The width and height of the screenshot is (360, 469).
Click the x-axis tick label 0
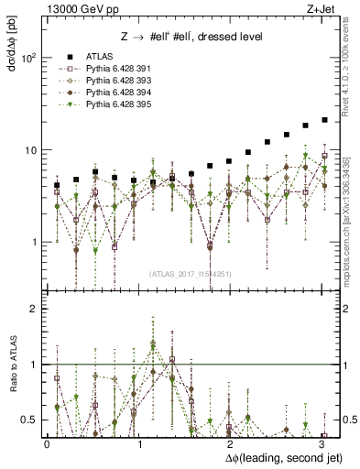(x=47, y=443)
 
